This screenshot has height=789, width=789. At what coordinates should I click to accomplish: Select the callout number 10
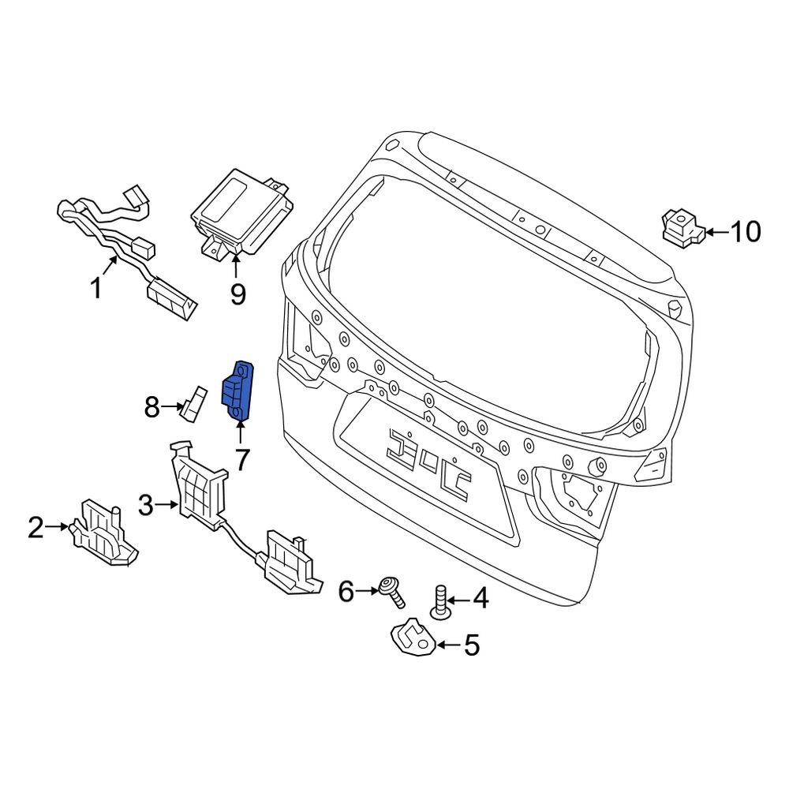pyautogui.click(x=744, y=232)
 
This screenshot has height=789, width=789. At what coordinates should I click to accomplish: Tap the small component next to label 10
pyautogui.click(x=681, y=227)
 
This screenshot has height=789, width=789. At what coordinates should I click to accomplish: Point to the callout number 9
pyautogui.click(x=237, y=294)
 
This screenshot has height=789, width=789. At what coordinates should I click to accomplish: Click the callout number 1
pyautogui.click(x=96, y=290)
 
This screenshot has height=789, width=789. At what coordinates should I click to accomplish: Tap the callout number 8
pyautogui.click(x=151, y=408)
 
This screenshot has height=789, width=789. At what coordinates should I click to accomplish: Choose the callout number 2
pyautogui.click(x=36, y=527)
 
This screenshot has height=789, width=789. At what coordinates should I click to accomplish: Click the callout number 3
pyautogui.click(x=145, y=503)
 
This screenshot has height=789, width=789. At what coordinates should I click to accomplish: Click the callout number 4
pyautogui.click(x=480, y=600)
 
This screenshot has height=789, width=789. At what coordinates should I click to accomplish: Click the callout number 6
pyautogui.click(x=347, y=590)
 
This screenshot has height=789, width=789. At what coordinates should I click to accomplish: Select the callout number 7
pyautogui.click(x=240, y=459)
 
